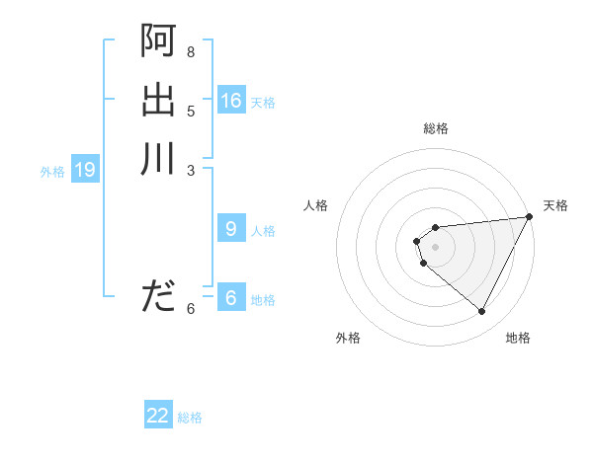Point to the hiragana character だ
click(x=158, y=295)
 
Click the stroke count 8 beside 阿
click(x=191, y=51)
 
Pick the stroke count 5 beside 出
click(x=191, y=110)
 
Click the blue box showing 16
click(x=231, y=101)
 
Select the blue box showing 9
click(x=231, y=229)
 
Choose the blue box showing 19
click(x=85, y=170)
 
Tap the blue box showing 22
click(x=158, y=416)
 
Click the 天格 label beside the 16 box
click(x=263, y=103)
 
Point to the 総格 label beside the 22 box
click(x=190, y=418)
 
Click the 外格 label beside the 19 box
click(x=52, y=172)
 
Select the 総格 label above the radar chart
click(x=436, y=128)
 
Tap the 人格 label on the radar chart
click(x=316, y=205)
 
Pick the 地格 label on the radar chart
click(x=518, y=338)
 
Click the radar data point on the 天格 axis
click(x=529, y=217)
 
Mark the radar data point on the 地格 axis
click(x=481, y=312)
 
